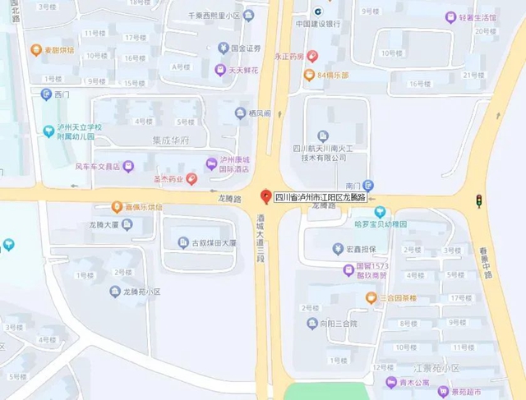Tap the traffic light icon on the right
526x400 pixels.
click(x=479, y=200)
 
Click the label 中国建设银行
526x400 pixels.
click(x=317, y=24)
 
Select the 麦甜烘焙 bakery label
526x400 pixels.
click(x=57, y=49)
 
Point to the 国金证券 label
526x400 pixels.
click(x=245, y=48)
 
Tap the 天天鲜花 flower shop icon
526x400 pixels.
click(x=220, y=70)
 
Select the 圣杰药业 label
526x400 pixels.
click(x=168, y=178)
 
